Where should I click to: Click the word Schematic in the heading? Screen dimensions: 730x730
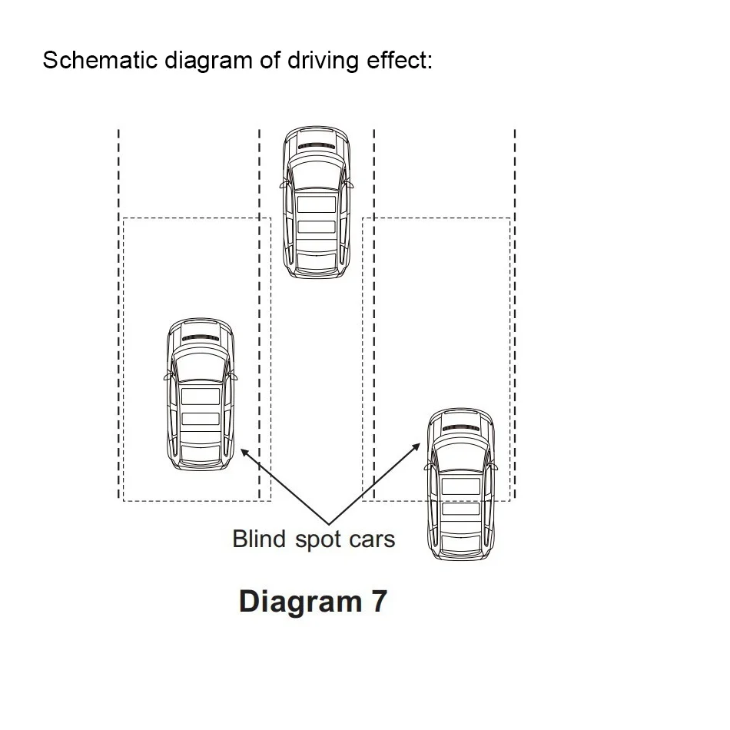pos(100,60)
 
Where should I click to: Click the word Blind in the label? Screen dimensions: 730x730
pos(259,539)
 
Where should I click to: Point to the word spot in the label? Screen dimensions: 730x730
pos(318,540)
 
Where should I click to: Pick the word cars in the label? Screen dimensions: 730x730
pos(372,540)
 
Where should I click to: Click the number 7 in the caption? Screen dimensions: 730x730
pos(379,601)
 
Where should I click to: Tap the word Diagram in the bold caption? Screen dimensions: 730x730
pos(300,602)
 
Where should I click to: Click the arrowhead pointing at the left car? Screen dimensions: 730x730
pos(244,453)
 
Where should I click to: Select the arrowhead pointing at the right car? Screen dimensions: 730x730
pos(416,447)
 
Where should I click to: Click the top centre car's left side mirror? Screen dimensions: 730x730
pos(283,185)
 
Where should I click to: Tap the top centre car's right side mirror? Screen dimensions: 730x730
pos(350,185)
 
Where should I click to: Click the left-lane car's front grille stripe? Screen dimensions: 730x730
pos(201,338)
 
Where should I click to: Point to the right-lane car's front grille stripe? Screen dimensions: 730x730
pos(461,428)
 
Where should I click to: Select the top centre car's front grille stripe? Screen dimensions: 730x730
pos(317,146)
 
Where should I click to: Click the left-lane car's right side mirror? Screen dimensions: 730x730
pos(234,377)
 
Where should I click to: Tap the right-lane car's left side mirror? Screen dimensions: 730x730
pos(427,466)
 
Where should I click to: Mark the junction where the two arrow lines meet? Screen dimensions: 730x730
pos(329,524)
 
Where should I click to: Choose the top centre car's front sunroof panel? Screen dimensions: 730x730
pos(317,204)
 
